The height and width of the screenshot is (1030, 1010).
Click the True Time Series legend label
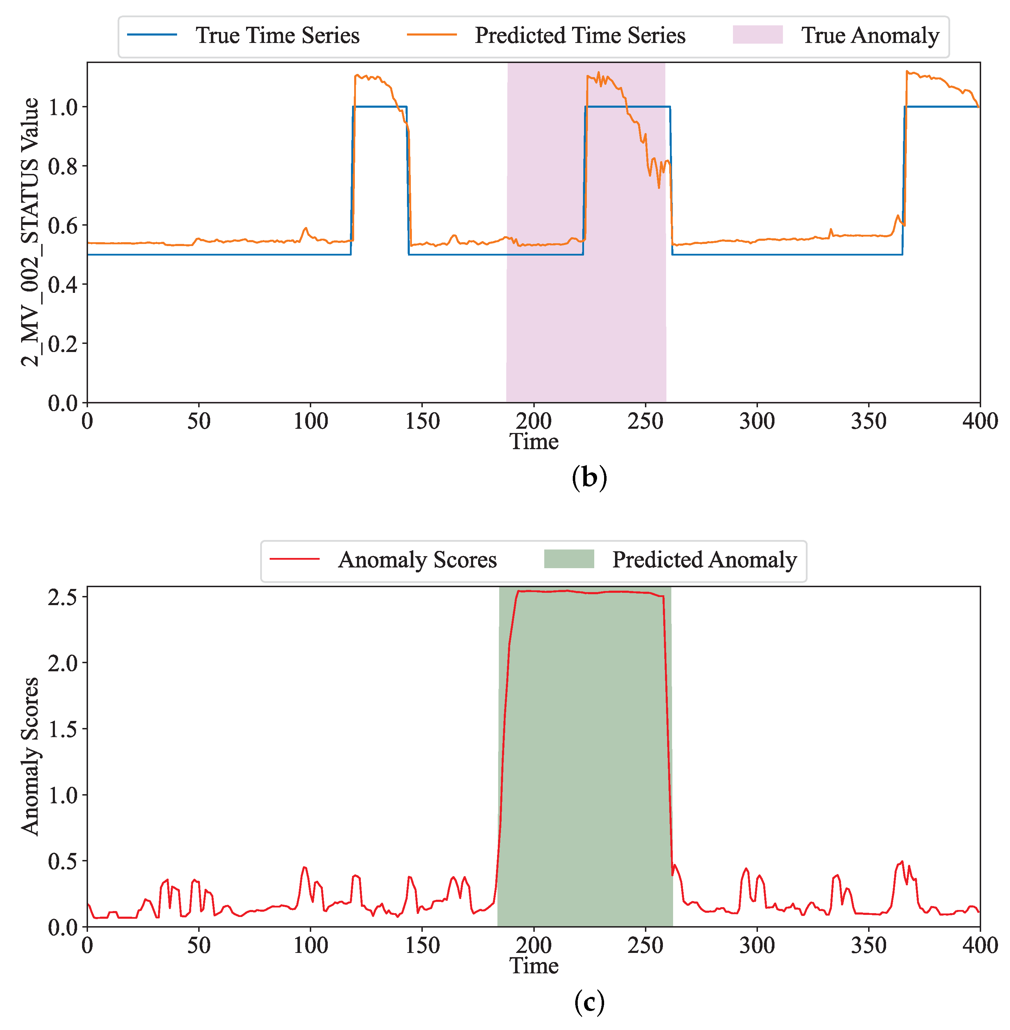(277, 36)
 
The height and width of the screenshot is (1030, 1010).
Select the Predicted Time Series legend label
(580, 36)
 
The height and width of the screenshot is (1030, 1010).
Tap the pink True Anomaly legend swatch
(758, 34)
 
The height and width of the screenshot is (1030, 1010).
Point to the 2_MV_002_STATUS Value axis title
(30, 232)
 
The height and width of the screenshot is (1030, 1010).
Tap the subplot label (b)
(589, 477)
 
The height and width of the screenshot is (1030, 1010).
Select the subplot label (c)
(589, 1001)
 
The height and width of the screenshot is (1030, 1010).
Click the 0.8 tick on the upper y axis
(63, 167)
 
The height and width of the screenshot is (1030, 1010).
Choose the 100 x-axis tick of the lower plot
(310, 946)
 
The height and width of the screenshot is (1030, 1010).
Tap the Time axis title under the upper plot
(534, 441)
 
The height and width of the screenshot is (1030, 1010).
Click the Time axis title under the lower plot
(534, 965)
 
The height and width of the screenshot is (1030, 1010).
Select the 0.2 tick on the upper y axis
(63, 344)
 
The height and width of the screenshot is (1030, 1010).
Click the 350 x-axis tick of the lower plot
(868, 946)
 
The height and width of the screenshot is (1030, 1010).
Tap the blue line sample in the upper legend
(152, 34)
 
